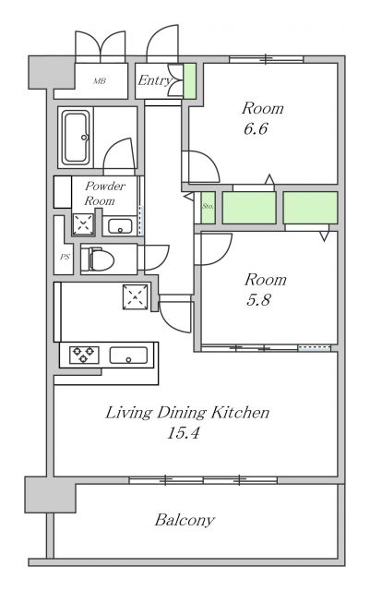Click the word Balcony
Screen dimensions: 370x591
(185, 521)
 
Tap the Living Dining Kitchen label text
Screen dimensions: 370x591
(187, 413)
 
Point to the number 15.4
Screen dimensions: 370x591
(183, 433)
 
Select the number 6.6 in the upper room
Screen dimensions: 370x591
(256, 129)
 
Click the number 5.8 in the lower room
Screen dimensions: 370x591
(259, 300)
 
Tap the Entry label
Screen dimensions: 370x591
(154, 80)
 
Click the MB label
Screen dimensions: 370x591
(100, 81)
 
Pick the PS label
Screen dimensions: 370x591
(65, 257)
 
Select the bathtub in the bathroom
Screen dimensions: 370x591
(76, 138)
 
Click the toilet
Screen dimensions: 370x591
(97, 259)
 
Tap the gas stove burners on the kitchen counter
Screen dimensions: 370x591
(83, 355)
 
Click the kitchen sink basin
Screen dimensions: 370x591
(128, 356)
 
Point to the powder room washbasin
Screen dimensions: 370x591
(120, 226)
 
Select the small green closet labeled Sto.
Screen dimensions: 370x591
(208, 208)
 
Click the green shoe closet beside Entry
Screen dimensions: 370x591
(189, 81)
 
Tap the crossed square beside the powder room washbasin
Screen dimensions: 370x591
(83, 224)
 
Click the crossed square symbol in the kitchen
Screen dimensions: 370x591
(136, 297)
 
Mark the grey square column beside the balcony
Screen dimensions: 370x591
(50, 495)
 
